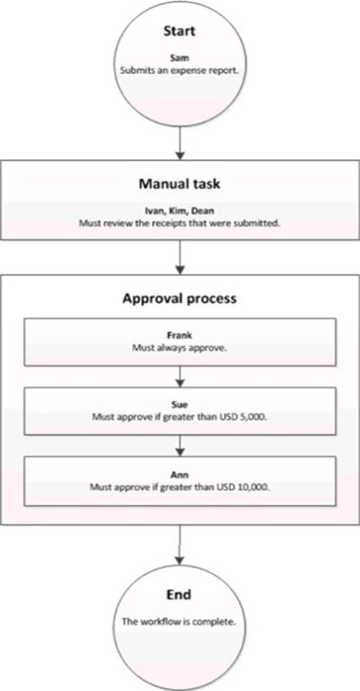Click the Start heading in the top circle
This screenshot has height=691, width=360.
click(180, 31)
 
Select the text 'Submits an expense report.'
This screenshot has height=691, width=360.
click(180, 69)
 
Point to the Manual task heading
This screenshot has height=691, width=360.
click(180, 184)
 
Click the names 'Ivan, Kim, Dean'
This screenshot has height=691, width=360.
click(180, 211)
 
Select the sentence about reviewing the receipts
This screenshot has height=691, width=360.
click(180, 223)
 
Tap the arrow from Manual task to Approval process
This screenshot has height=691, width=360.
click(180, 257)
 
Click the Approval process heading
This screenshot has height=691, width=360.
click(180, 299)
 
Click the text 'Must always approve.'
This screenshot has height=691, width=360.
click(180, 347)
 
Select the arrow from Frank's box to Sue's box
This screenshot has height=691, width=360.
click(180, 377)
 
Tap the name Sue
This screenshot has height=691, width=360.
click(180, 403)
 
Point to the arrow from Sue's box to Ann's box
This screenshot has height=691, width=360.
click(180, 445)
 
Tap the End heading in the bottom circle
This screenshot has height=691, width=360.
click(180, 595)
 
